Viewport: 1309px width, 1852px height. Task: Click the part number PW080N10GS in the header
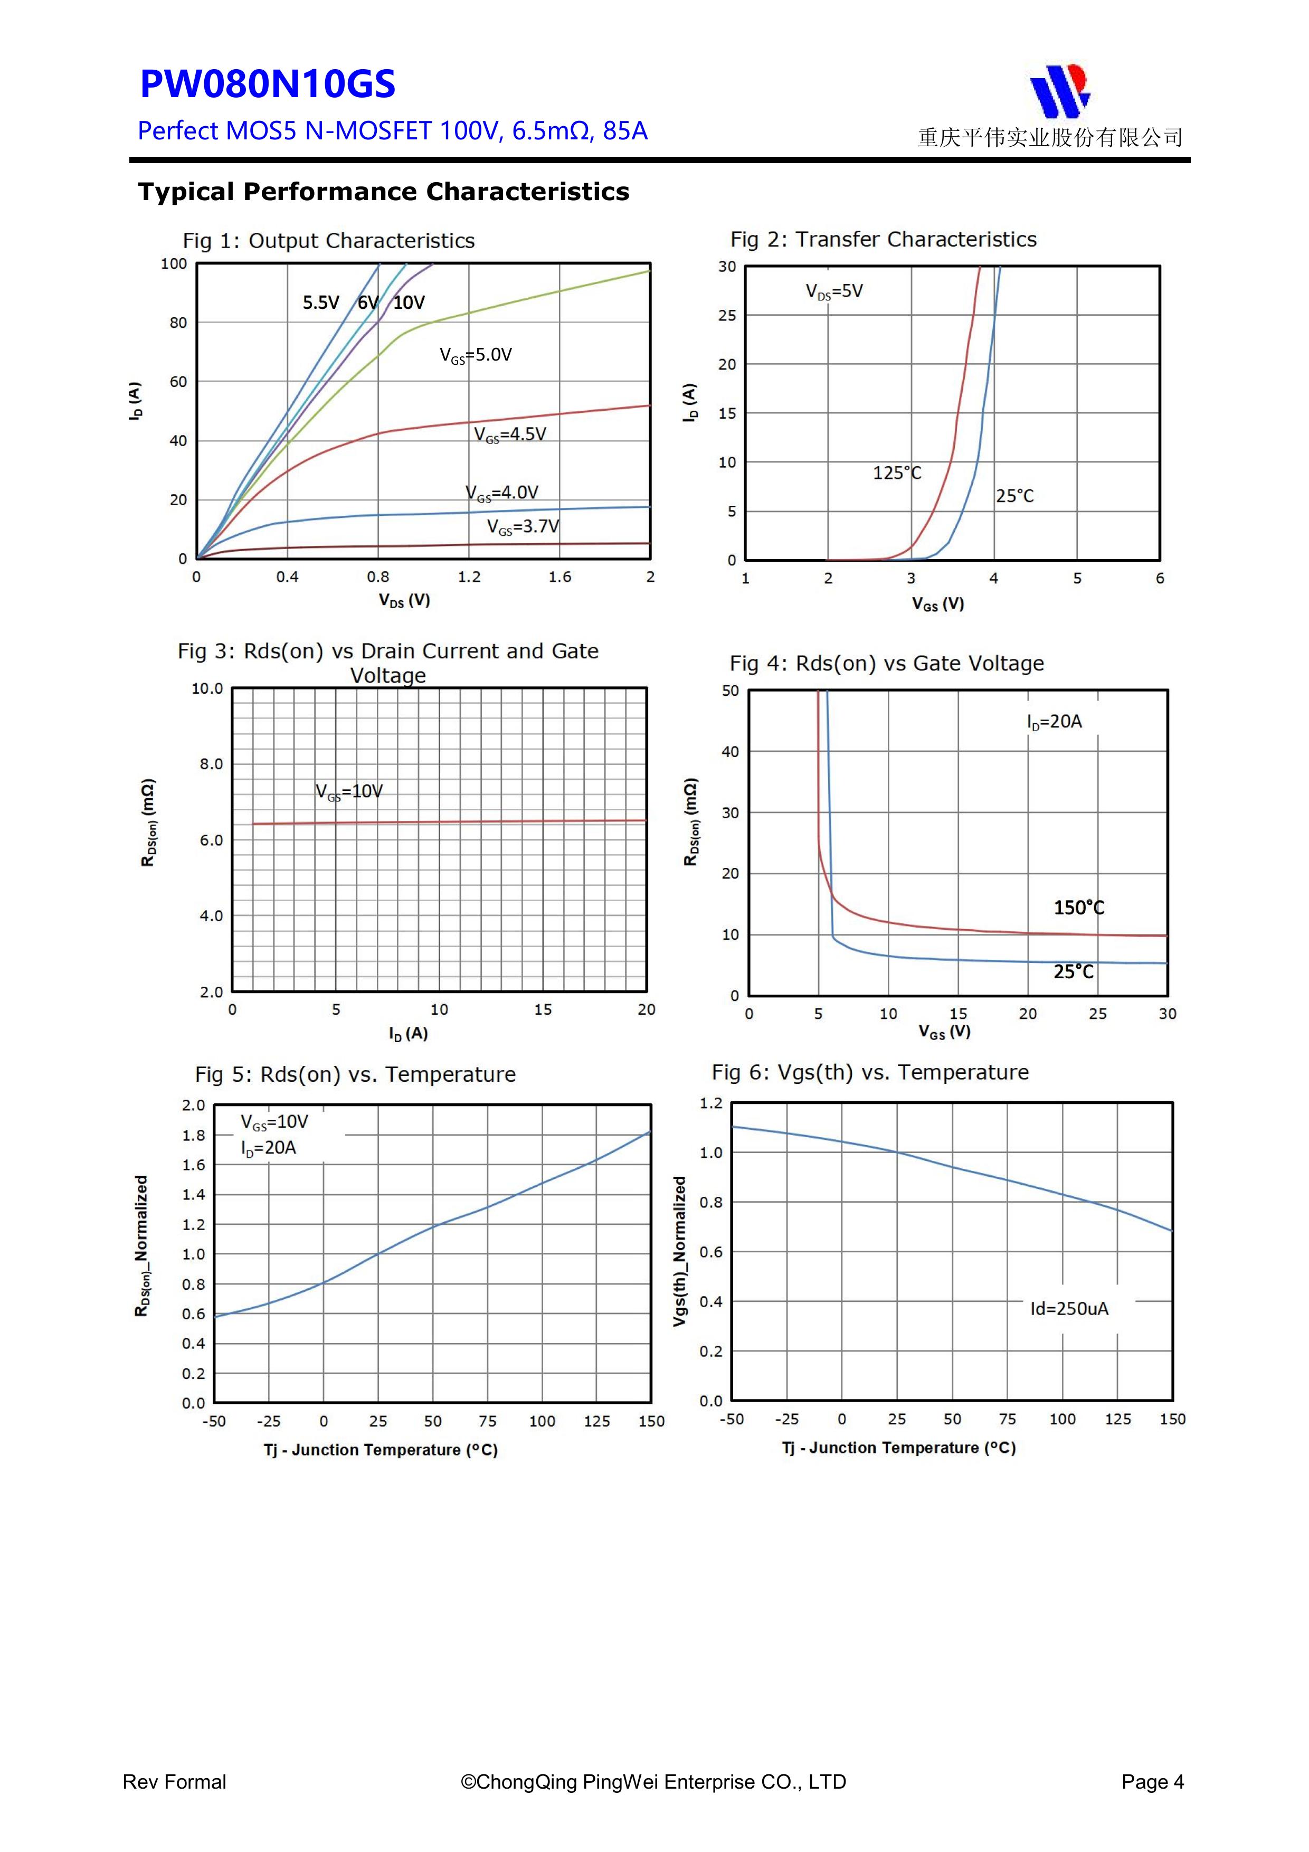267,84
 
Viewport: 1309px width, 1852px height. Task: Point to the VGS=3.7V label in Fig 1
523,527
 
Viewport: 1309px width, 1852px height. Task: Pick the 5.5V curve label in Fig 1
320,303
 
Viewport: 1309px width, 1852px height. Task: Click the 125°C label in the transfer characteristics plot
896,473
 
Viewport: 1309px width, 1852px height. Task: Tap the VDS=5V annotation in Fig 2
834,292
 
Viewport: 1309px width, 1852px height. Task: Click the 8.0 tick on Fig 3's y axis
211,764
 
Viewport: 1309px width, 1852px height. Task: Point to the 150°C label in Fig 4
1078,908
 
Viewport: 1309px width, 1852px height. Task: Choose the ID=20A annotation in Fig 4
1054,722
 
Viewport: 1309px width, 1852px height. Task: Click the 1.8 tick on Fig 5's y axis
194,1135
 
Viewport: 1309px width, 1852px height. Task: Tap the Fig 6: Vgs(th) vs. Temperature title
869,1073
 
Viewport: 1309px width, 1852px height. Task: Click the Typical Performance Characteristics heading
383,192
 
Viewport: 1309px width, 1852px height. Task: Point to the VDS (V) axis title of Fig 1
404,600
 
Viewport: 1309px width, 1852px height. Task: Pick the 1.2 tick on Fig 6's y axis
710,1103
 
